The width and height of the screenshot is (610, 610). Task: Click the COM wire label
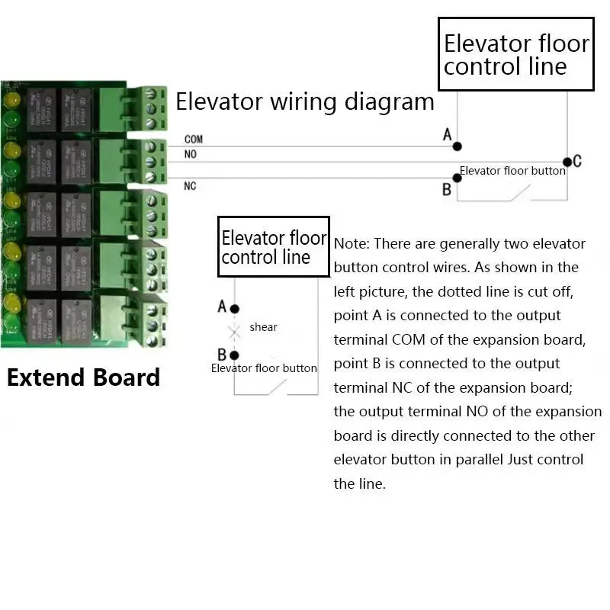pos(193,140)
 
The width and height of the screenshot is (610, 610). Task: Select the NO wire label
pos(190,155)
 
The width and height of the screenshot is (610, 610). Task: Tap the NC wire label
pos(190,185)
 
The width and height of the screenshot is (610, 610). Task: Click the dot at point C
pos(567,162)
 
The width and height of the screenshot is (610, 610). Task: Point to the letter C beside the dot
pos(577,161)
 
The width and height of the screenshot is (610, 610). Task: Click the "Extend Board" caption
pos(83,377)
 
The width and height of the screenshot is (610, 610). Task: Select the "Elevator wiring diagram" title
pos(305,101)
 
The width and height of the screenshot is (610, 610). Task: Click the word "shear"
pos(263,327)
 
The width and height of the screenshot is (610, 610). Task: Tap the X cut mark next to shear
pos(235,331)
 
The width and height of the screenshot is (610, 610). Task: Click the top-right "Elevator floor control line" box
pos(516,54)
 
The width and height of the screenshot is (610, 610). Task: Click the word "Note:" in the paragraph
pos(352,244)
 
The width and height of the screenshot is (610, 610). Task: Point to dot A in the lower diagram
pos(235,309)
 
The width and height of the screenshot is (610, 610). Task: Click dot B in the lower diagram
pos(235,355)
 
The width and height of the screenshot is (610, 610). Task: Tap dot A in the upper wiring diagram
pos(457,146)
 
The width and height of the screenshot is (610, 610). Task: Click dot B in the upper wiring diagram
pos(457,178)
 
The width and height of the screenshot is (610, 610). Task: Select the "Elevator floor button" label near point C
pos(512,171)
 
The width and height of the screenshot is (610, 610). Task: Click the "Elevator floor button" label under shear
pos(264,368)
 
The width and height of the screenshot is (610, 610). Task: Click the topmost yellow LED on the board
pos(11,101)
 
